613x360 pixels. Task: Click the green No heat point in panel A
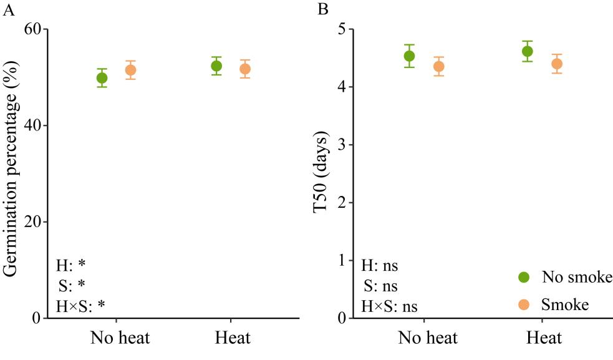(x=102, y=78)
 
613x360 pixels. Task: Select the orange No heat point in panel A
(x=130, y=70)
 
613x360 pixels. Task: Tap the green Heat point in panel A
(x=216, y=66)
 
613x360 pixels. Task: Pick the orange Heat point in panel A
(x=245, y=69)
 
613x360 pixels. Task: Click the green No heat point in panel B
(x=409, y=56)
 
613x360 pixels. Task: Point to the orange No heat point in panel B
(x=438, y=66)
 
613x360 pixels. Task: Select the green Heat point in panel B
(x=527, y=51)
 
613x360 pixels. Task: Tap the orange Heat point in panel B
(x=557, y=64)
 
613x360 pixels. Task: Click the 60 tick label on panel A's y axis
(x=32, y=29)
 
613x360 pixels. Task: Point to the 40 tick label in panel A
(x=32, y=125)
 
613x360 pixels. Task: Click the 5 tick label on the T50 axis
(x=342, y=29)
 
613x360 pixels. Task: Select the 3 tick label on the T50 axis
(x=342, y=145)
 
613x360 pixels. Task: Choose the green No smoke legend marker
(x=524, y=276)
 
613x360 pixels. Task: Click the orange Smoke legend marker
(x=524, y=304)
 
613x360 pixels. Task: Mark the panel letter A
(x=8, y=9)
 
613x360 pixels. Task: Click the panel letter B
(x=322, y=9)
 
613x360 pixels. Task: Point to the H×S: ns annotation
(x=389, y=306)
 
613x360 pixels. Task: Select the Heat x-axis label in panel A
(x=233, y=339)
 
